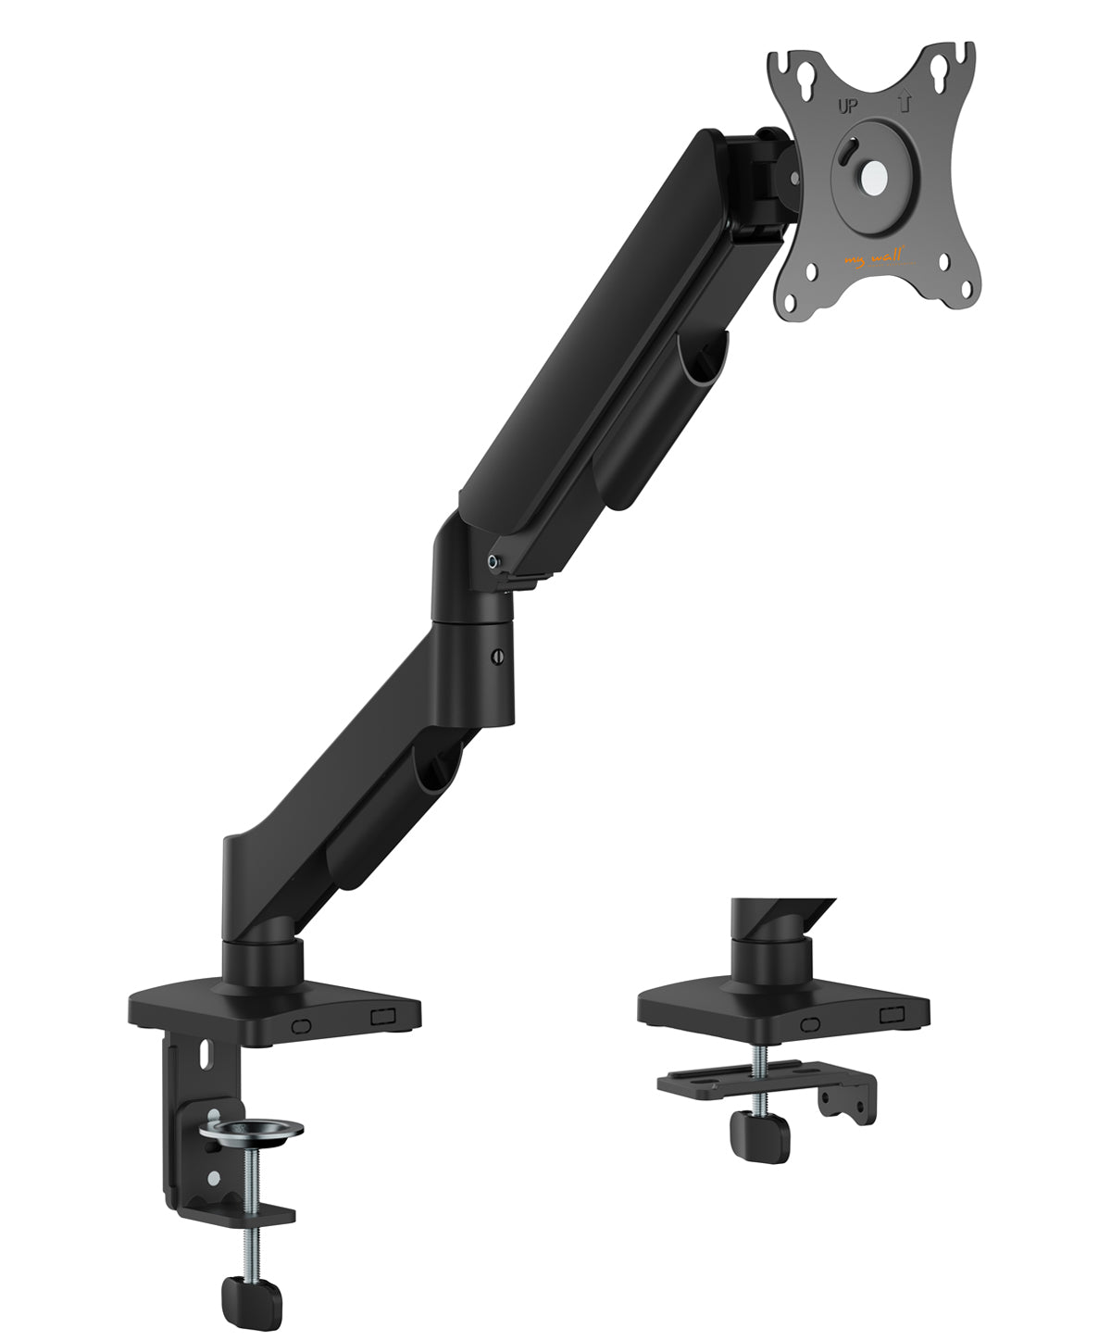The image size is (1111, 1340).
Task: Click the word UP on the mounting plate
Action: pyautogui.click(x=847, y=106)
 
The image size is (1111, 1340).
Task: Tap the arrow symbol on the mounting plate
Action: pyautogui.click(x=905, y=101)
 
